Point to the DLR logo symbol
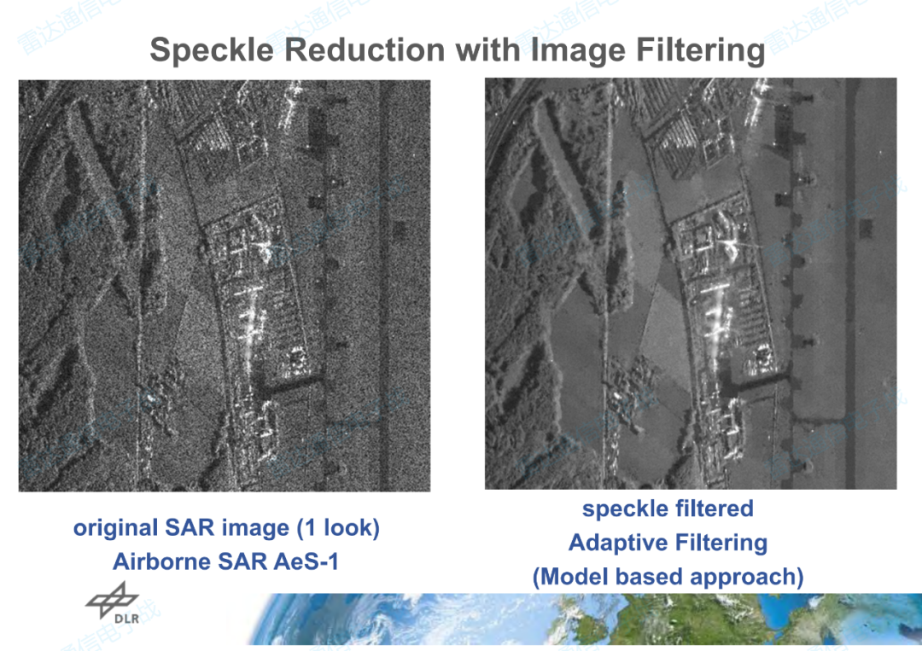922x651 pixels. tap(112, 598)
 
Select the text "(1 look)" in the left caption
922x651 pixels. tap(337, 528)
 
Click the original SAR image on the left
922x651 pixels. tap(224, 285)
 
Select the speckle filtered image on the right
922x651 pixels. tap(690, 283)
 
